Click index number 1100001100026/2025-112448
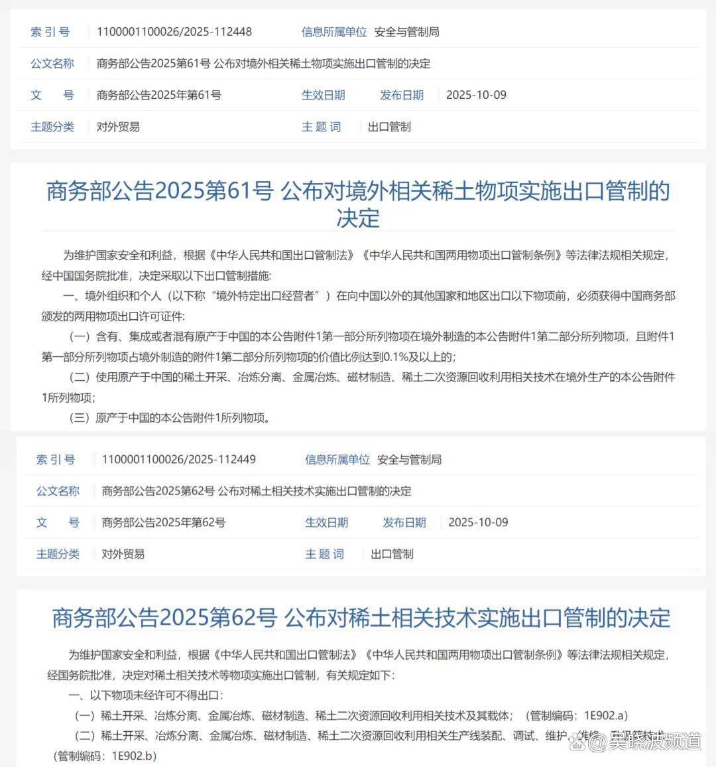(x=174, y=32)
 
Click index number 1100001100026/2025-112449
(x=178, y=459)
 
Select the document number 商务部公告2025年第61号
(x=158, y=95)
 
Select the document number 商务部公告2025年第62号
(x=163, y=522)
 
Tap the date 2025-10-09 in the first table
(x=476, y=95)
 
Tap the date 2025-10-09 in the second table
(x=478, y=522)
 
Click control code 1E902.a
(x=605, y=715)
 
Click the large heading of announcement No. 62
(x=361, y=618)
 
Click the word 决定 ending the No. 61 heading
(x=358, y=218)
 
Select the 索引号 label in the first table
(x=50, y=32)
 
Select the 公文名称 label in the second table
(x=58, y=491)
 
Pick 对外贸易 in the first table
(x=118, y=127)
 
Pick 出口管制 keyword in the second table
(x=392, y=554)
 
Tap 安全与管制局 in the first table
(x=406, y=32)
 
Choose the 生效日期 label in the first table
(x=323, y=95)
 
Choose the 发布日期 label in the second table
(x=404, y=522)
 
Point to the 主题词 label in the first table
(x=321, y=127)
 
